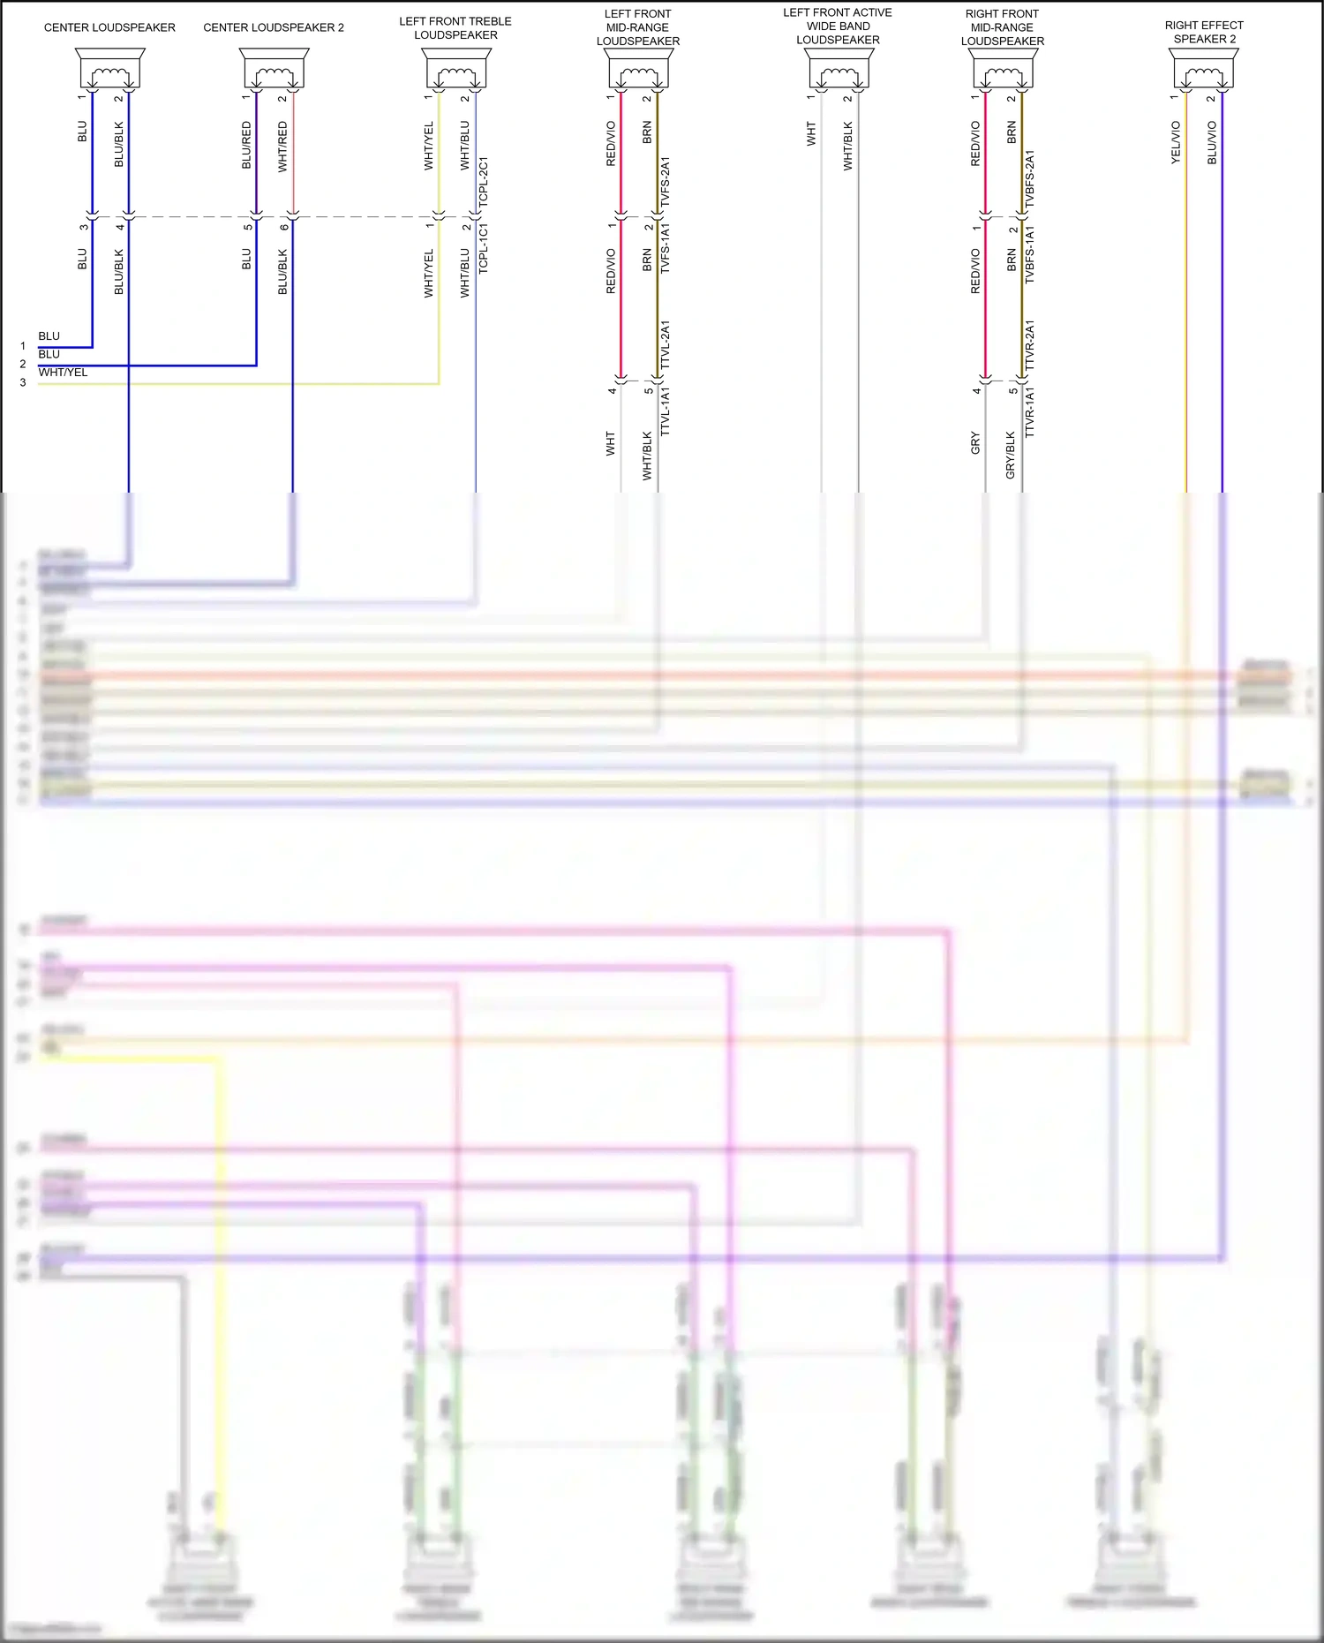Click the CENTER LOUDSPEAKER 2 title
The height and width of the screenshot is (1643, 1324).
tap(274, 27)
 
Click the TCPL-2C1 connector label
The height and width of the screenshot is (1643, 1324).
tap(484, 183)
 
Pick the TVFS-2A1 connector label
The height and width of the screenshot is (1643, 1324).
tap(666, 182)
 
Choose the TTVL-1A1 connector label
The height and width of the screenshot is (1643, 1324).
tap(666, 411)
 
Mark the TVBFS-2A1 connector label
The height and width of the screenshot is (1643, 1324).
tap(1030, 179)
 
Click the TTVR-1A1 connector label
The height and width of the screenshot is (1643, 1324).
tap(1030, 412)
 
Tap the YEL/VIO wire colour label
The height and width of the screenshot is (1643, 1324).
tap(1176, 142)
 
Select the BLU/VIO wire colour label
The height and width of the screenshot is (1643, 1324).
tap(1212, 142)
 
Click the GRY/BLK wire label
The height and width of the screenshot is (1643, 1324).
tap(1011, 455)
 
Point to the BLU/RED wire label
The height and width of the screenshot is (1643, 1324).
tap(246, 145)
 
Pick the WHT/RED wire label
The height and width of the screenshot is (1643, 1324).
tap(282, 147)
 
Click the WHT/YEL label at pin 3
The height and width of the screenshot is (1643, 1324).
tap(63, 373)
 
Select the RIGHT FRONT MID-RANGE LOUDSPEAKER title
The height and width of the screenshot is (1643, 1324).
tap(1002, 27)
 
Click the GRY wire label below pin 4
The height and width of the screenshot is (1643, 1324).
tap(975, 442)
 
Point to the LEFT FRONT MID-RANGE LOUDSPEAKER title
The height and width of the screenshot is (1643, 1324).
tap(637, 27)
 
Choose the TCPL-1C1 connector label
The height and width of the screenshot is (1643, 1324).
tap(484, 248)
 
